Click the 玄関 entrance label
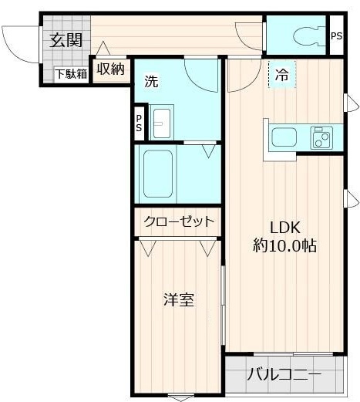click(x=66, y=40)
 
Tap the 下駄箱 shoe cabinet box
click(x=72, y=75)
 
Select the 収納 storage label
click(x=110, y=69)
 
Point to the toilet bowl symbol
click(x=306, y=36)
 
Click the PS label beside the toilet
click(x=336, y=36)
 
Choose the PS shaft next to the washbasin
click(x=139, y=123)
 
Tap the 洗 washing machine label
click(x=151, y=82)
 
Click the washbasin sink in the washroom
click(x=162, y=123)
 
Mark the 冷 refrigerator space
click(x=282, y=75)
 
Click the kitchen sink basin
click(x=284, y=137)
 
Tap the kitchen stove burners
click(x=321, y=137)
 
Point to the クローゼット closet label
click(x=179, y=221)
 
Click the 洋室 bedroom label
click(x=179, y=300)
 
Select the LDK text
click(x=284, y=228)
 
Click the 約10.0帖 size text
click(x=284, y=245)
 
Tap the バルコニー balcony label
click(x=284, y=374)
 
